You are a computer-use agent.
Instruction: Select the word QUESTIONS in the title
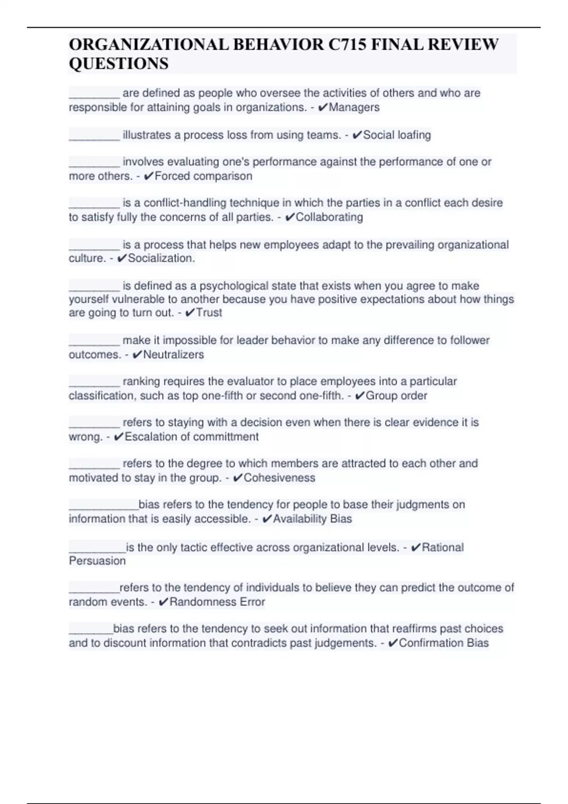(118, 63)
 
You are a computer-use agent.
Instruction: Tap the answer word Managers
(354, 107)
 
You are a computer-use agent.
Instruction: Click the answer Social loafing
(397, 135)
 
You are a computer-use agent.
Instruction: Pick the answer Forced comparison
(203, 176)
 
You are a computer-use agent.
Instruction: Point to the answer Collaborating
(329, 217)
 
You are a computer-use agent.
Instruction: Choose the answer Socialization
(161, 258)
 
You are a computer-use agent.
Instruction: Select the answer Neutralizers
(173, 355)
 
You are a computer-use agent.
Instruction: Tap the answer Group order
(396, 396)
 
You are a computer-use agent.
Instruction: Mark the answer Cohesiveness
(279, 478)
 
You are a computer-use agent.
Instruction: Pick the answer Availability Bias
(312, 519)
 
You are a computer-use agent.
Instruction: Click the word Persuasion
(98, 561)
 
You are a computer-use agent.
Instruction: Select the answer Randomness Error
(217, 602)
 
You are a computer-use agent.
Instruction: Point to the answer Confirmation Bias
(444, 643)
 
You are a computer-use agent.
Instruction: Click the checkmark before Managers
(323, 108)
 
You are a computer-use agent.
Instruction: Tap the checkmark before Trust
(190, 313)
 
